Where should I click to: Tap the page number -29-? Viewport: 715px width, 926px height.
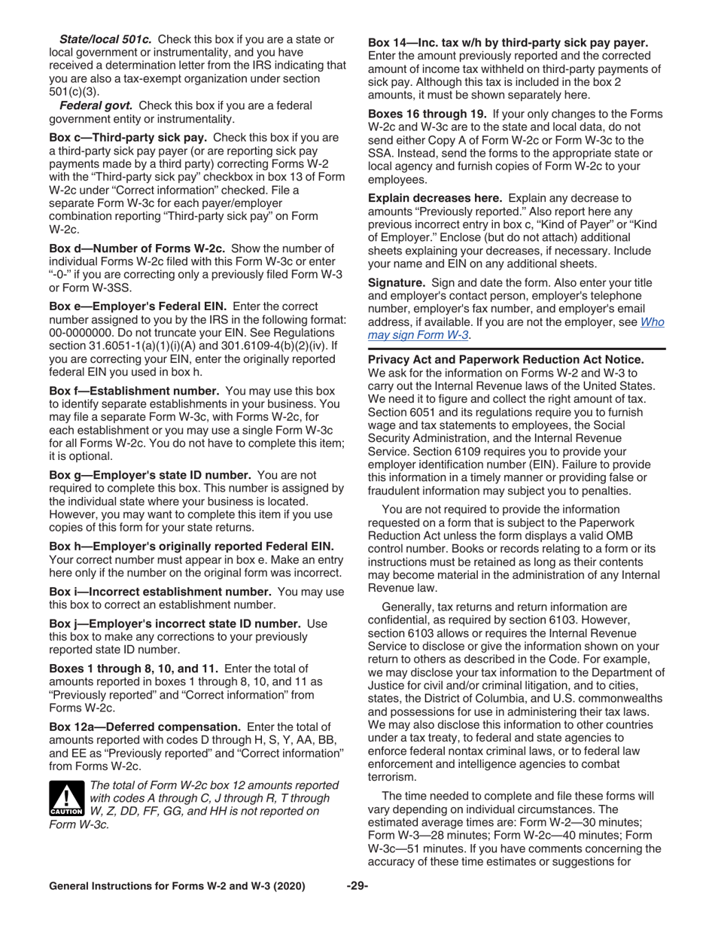coord(357,887)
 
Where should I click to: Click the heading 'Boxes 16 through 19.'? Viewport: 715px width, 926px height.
coord(427,114)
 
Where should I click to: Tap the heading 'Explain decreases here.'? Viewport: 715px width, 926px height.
coord(435,198)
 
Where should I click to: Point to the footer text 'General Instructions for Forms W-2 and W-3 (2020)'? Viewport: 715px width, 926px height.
coord(177,887)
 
